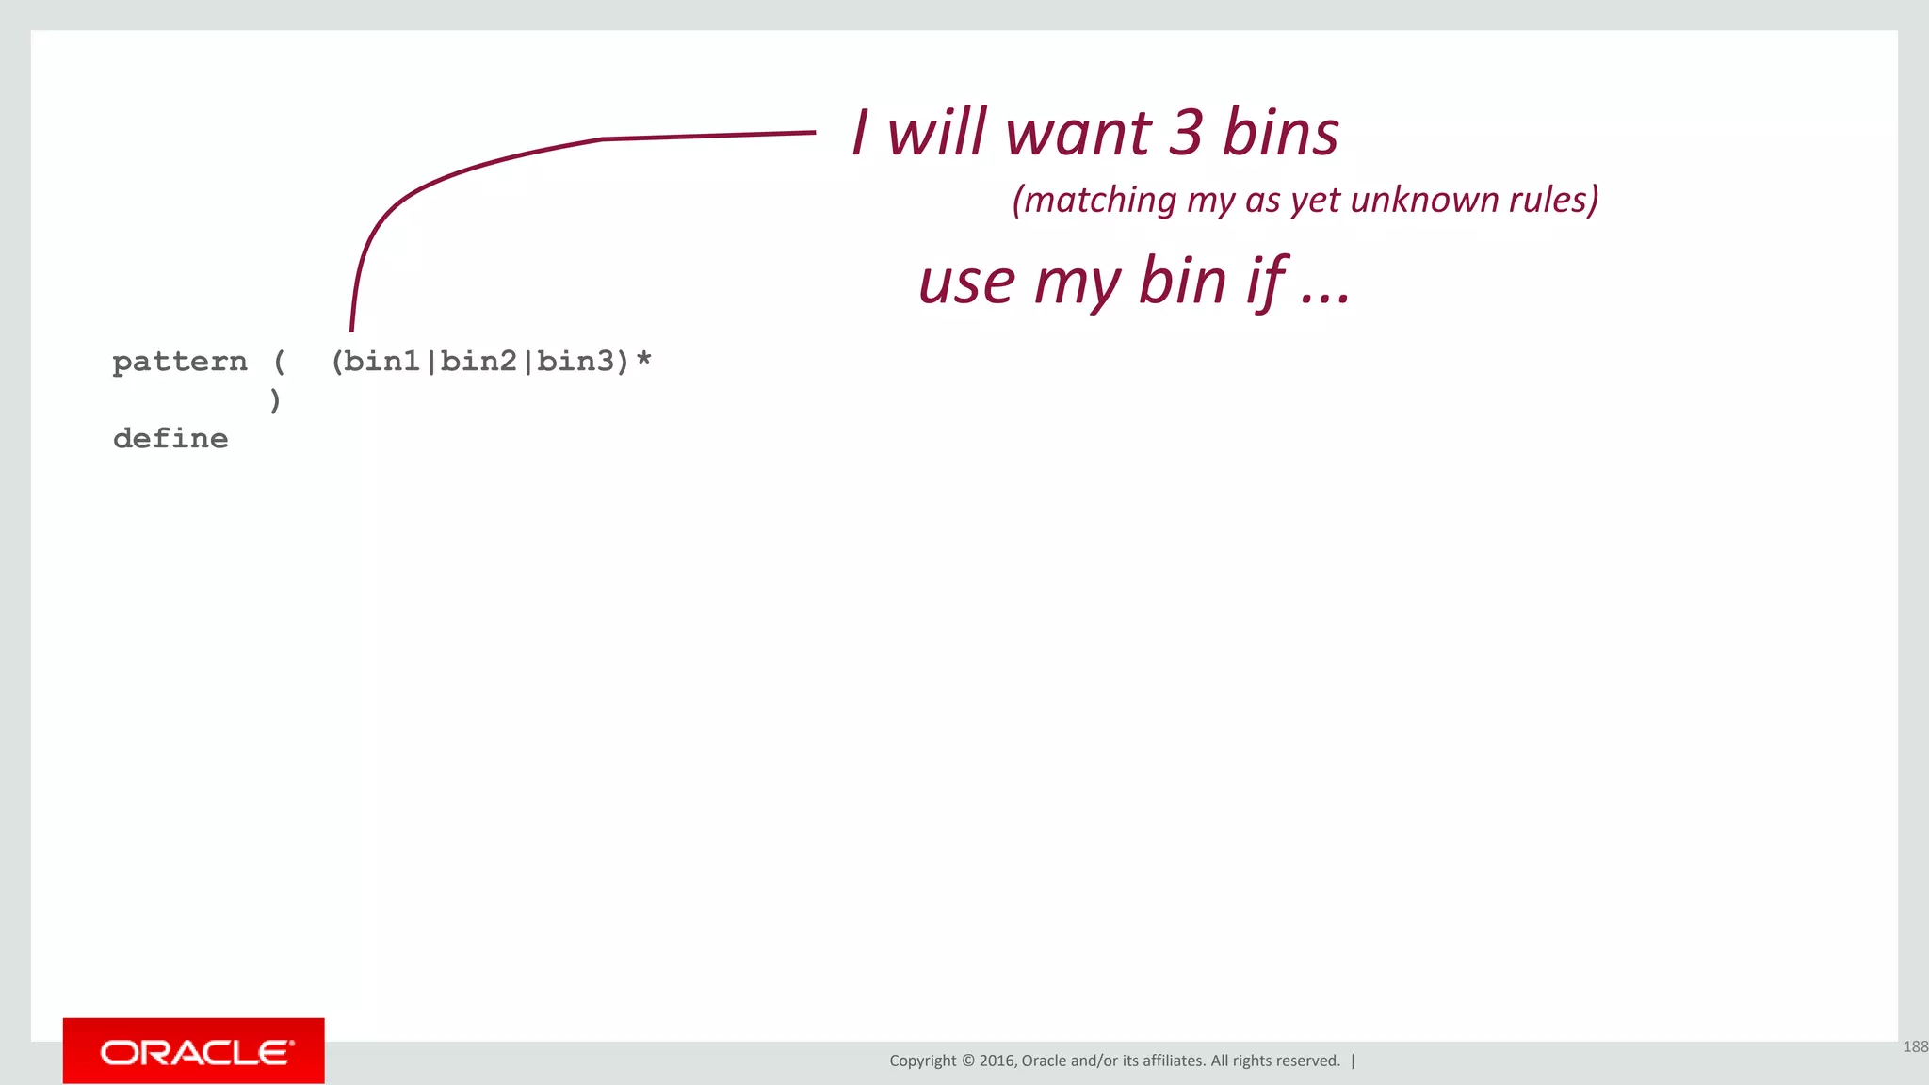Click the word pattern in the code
click(179, 362)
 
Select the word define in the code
click(170, 439)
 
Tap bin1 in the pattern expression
click(381, 362)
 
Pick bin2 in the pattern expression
click(478, 362)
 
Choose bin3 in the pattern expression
click(575, 362)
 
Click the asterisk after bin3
click(644, 360)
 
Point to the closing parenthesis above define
click(275, 400)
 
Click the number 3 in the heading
click(1186, 133)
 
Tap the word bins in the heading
click(1280, 133)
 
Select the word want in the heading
click(1078, 133)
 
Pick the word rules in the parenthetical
click(1549, 200)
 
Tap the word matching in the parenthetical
click(1095, 201)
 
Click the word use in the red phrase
click(966, 282)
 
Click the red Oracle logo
click(194, 1051)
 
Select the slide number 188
click(1915, 1046)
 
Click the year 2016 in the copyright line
click(997, 1061)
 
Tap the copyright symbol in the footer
click(967, 1061)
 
